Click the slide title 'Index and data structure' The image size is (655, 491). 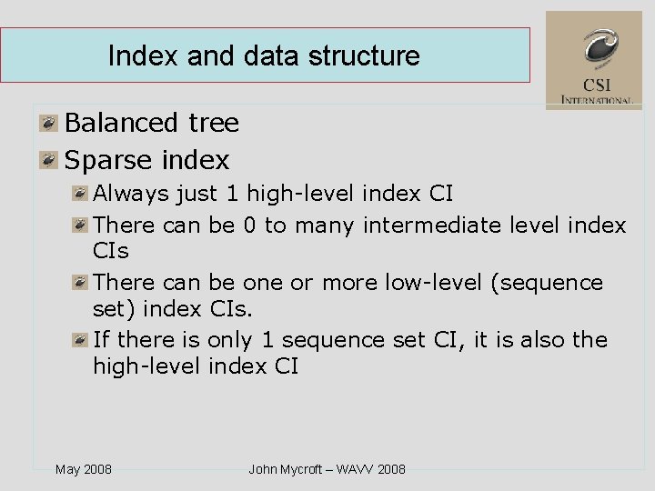pos(264,56)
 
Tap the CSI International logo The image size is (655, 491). pos(593,60)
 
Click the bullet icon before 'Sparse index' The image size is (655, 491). pos(48,161)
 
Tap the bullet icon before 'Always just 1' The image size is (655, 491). pos(82,194)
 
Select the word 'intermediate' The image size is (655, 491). pos(433,225)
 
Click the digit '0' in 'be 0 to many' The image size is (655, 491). pos(249,225)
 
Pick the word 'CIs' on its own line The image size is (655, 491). pos(111,250)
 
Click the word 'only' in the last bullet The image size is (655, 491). pos(229,340)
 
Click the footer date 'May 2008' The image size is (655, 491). pos(84,469)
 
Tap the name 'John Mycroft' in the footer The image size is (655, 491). pos(285,469)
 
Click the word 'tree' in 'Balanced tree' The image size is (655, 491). pos(214,123)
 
